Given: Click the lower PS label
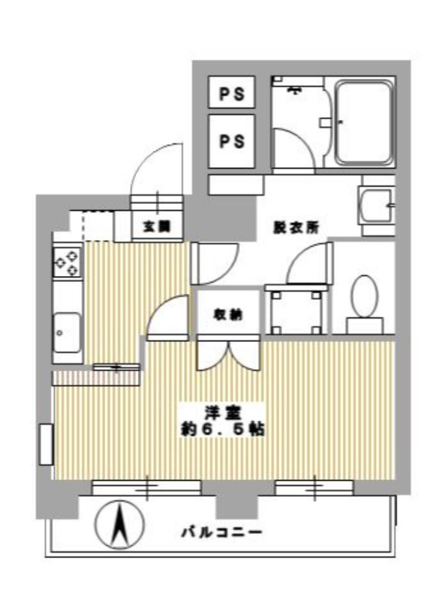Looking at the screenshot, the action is point(232,141).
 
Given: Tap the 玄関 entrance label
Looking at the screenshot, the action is point(157,227).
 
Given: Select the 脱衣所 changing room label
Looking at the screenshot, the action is point(296,228).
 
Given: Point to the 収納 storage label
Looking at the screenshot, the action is point(228,314).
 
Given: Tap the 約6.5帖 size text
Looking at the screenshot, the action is point(222,429).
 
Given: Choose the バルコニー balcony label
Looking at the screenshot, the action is point(222,532).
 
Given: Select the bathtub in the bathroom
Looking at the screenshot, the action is point(365,122).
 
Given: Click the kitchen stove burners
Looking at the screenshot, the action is point(68,262).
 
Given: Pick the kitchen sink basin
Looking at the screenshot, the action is point(67,332).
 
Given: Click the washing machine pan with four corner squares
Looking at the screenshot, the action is point(296,312).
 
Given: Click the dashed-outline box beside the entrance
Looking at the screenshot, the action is point(98,226).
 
